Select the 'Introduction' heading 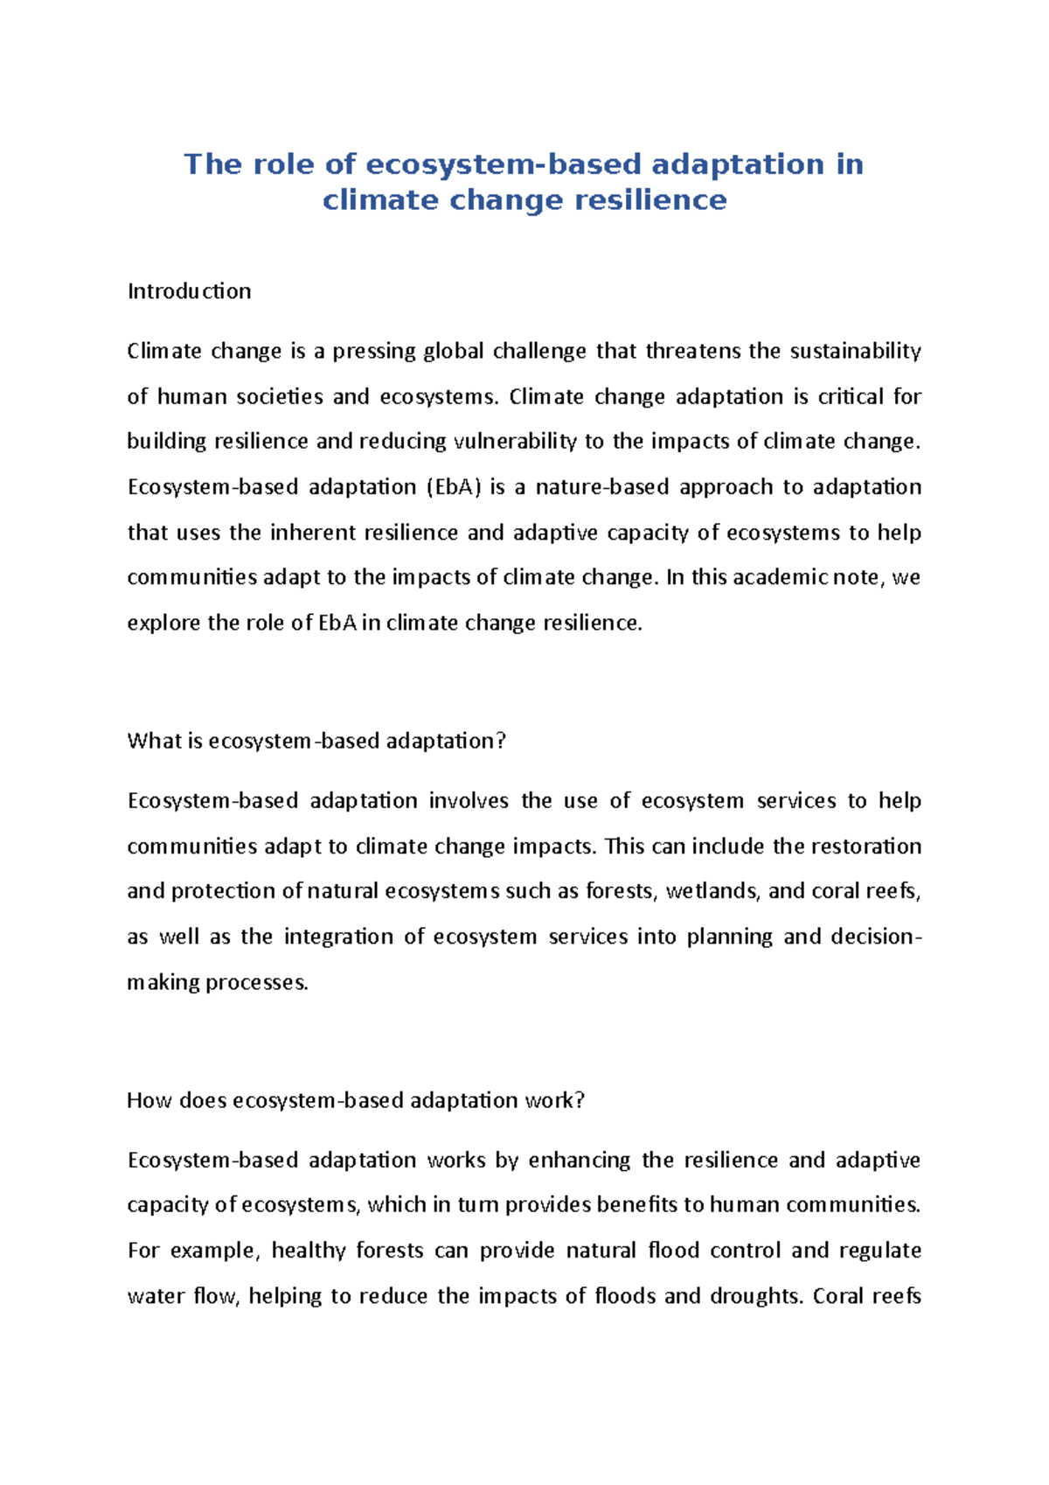[x=189, y=291]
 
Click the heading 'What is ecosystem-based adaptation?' [x=316, y=741]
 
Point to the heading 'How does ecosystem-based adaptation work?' [x=355, y=1100]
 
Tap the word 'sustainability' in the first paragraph [x=855, y=352]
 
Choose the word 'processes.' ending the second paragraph [x=256, y=982]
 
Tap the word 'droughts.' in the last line [x=756, y=1296]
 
